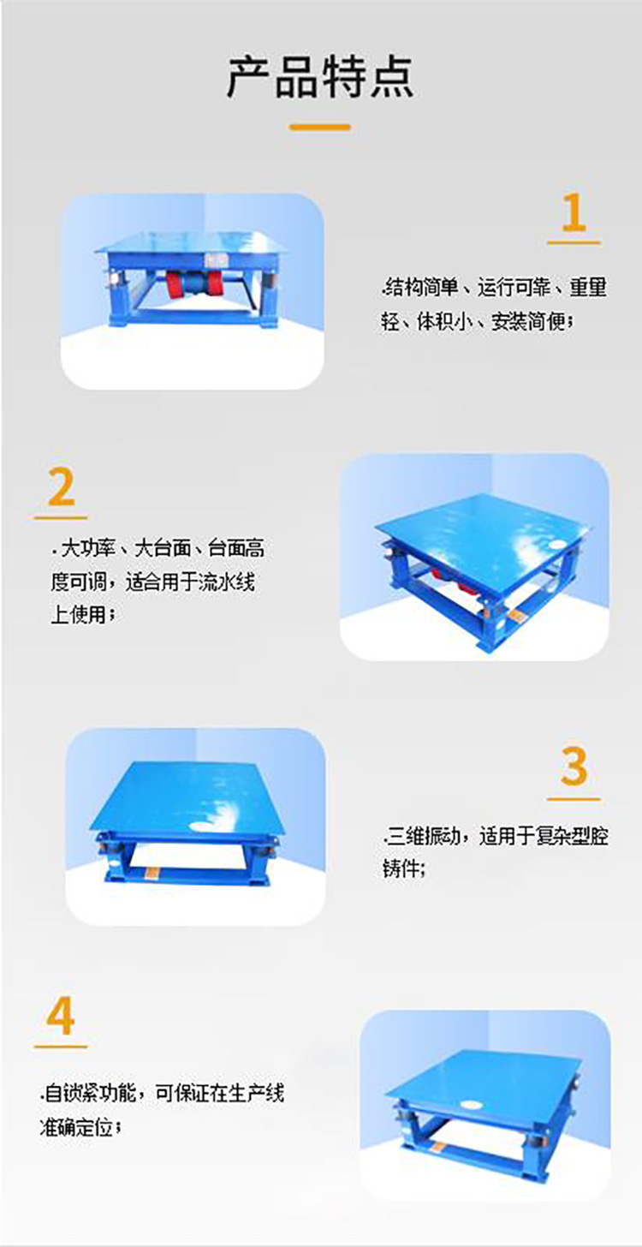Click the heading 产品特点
[320, 77]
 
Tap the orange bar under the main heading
[320, 128]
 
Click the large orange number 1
[574, 213]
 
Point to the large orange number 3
[574, 767]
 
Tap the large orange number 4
[60, 1017]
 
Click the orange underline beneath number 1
[574, 243]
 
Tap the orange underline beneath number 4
[61, 1047]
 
